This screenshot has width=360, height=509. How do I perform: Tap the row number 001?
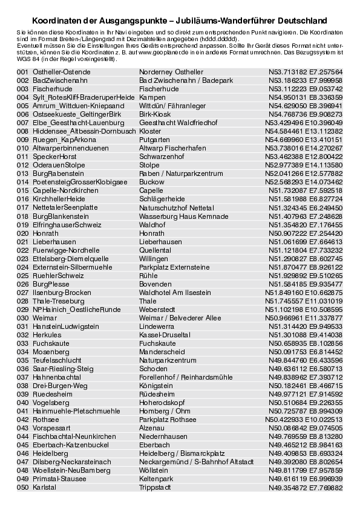(22, 72)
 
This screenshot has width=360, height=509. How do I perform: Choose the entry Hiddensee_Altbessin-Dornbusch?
(76, 131)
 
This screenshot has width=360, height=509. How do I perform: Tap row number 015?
(22, 190)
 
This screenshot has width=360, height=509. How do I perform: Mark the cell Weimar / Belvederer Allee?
(180, 317)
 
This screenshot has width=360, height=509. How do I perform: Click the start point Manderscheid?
(161, 351)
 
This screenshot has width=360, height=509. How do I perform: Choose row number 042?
(22, 419)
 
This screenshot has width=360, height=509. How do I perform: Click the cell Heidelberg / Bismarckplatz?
(182, 453)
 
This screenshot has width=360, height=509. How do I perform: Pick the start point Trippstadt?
(154, 487)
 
